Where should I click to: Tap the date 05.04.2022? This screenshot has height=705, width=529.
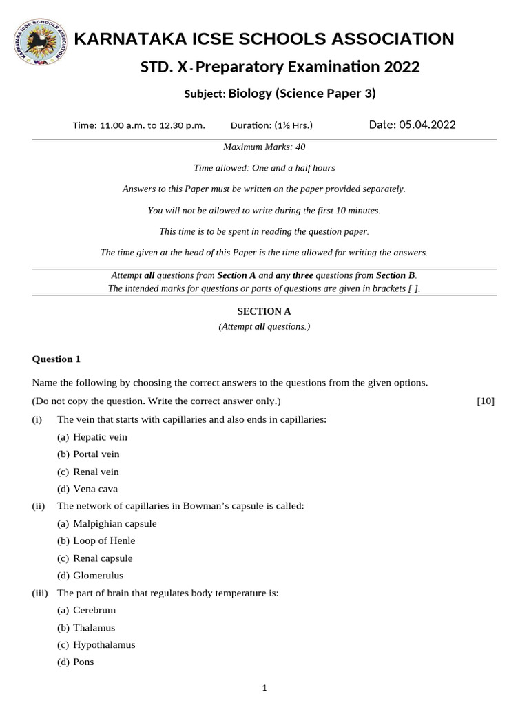tap(412, 125)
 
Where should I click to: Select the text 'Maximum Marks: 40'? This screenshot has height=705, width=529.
tap(264, 147)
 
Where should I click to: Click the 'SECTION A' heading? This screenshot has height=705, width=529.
tap(264, 311)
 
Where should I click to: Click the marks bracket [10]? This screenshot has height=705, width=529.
tap(486, 401)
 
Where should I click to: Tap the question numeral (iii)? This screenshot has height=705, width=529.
tap(39, 593)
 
